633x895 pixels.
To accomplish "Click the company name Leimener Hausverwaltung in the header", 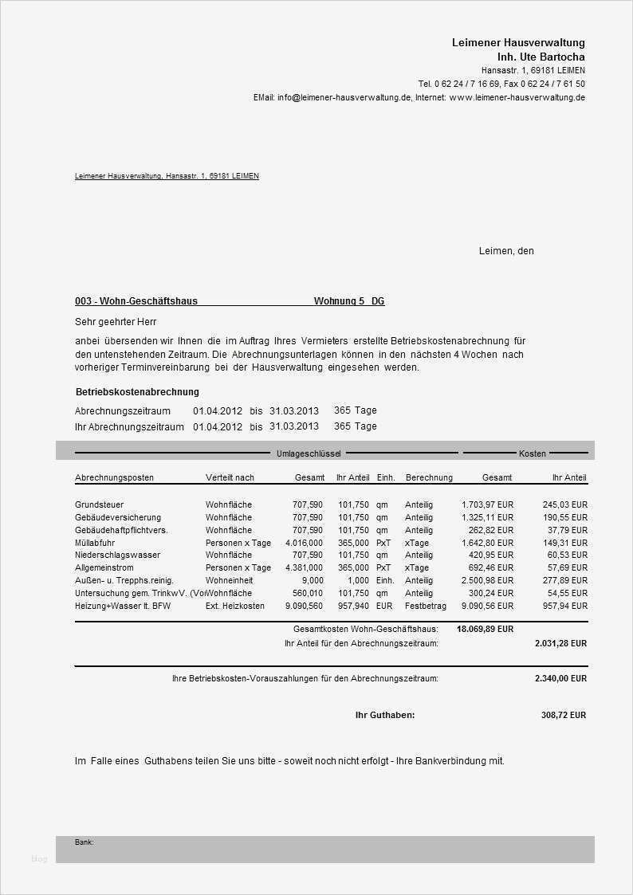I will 518,42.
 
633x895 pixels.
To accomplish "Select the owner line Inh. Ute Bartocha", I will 541,57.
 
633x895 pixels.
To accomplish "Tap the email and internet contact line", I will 419,97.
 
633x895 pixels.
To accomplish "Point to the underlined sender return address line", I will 167,176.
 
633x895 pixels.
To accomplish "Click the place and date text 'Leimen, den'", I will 506,251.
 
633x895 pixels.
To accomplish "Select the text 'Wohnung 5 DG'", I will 349,301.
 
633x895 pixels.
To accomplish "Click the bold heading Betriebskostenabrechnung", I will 137,392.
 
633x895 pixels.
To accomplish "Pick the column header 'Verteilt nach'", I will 230,477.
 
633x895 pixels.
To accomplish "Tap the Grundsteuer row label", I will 99,504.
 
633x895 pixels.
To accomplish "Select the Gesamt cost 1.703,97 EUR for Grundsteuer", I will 487,504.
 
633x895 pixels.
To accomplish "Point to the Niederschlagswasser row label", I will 117,555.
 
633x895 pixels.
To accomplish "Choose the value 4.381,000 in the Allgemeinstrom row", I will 304,567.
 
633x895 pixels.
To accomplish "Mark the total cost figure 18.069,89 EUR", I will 485,629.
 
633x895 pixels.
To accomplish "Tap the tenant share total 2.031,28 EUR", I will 560,643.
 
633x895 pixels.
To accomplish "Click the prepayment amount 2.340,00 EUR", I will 560,679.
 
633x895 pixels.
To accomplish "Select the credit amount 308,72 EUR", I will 563,716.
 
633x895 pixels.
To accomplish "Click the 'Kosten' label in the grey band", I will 533,453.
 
